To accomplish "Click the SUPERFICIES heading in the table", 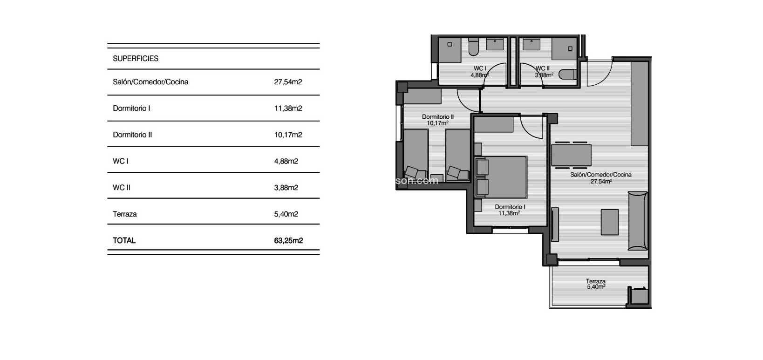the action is (x=136, y=59).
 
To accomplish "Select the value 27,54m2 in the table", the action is (x=288, y=82).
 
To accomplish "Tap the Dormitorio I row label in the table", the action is (x=131, y=109).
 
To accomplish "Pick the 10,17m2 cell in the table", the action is (x=288, y=135).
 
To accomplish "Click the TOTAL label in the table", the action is (x=124, y=241).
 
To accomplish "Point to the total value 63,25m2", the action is (x=288, y=241).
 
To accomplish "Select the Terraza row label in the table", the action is (x=125, y=214).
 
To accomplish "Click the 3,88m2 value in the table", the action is (x=286, y=188).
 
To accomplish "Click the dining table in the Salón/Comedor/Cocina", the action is (x=571, y=155).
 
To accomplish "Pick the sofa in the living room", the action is (x=638, y=221).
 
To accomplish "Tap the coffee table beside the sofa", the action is (x=610, y=222).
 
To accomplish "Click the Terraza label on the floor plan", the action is (x=595, y=281).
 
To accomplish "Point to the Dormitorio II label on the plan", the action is (x=437, y=117).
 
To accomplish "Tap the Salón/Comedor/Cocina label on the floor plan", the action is (x=600, y=175).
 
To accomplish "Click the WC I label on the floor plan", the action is (x=479, y=68).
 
